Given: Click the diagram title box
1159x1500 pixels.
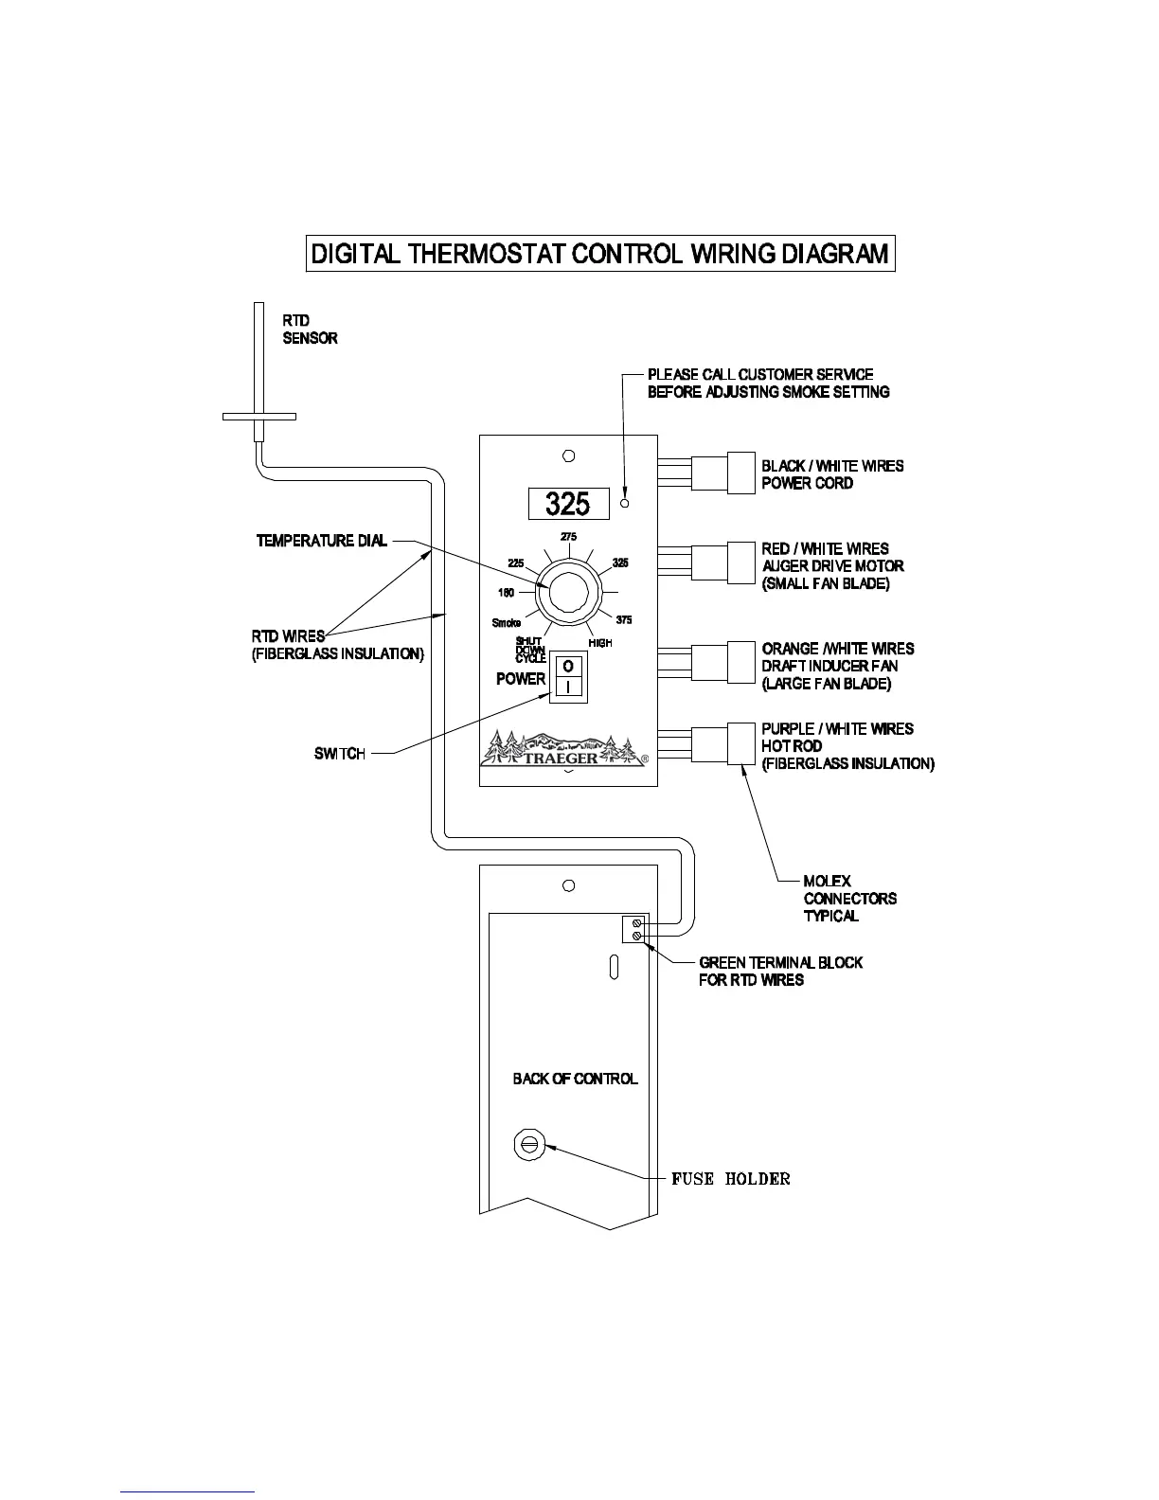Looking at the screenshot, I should pos(600,254).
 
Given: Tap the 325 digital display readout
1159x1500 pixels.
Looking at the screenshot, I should pos(568,504).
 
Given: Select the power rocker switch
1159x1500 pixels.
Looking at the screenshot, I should pos(568,677).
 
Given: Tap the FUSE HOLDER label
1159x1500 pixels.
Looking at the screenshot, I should pos(730,1179).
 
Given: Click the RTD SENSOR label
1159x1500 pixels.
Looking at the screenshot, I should pos(310,330).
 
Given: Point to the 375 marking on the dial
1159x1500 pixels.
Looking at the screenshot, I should pos(624,620).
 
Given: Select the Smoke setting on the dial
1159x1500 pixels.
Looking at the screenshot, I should pos(507,623).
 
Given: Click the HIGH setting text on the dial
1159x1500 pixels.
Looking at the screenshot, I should pos(600,643).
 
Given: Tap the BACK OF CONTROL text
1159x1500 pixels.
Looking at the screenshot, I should pos(575,1079).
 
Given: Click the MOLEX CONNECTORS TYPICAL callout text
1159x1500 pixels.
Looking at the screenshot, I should pos(849,899).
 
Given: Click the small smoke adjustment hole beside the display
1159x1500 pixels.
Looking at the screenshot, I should pos(624,503).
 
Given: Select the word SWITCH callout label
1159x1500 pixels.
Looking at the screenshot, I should pos(339,754).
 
